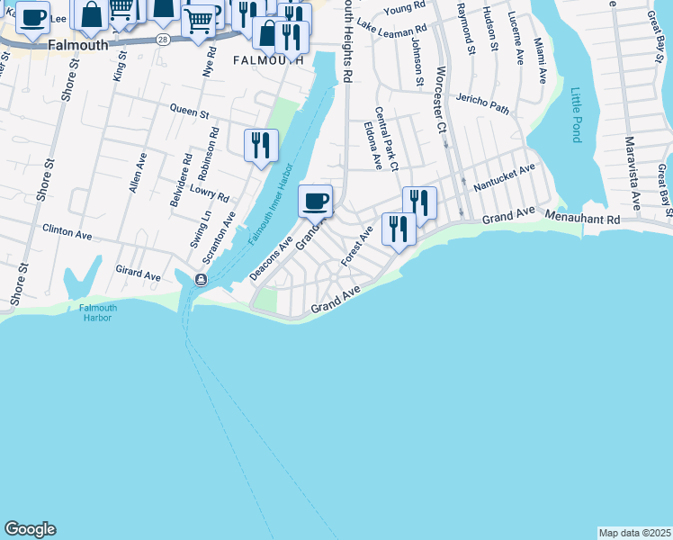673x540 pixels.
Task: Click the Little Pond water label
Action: click(x=576, y=115)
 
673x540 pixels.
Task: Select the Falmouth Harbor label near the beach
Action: click(x=97, y=312)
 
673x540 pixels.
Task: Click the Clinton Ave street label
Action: click(x=67, y=232)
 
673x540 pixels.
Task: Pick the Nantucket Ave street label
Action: click(x=504, y=175)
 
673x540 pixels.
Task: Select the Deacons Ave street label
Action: click(x=272, y=259)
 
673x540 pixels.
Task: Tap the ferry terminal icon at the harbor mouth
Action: click(x=201, y=280)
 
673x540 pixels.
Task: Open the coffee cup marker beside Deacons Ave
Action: click(x=315, y=201)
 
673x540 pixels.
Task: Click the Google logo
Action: click(x=30, y=529)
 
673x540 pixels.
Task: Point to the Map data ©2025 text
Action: click(x=634, y=533)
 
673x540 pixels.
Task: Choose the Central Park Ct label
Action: click(x=386, y=139)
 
